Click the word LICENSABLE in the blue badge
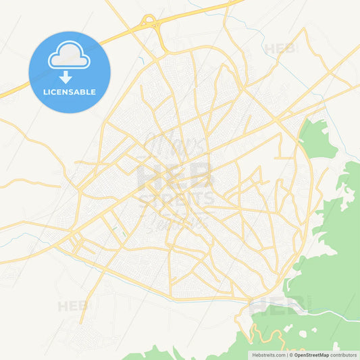click(70, 92)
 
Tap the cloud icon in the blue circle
click(69, 57)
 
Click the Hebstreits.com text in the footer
click(267, 355)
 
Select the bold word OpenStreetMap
click(310, 355)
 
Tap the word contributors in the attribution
click(344, 355)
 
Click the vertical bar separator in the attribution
click(288, 355)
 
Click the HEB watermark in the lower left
click(73, 306)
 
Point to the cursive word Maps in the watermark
click(168, 145)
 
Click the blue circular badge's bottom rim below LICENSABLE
click(70, 110)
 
